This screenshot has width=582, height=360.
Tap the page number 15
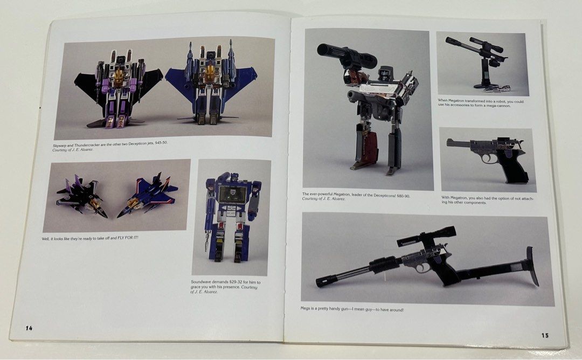coord(545,335)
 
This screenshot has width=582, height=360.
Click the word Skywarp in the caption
coord(61,146)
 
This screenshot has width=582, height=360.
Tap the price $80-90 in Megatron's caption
coord(402,196)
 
